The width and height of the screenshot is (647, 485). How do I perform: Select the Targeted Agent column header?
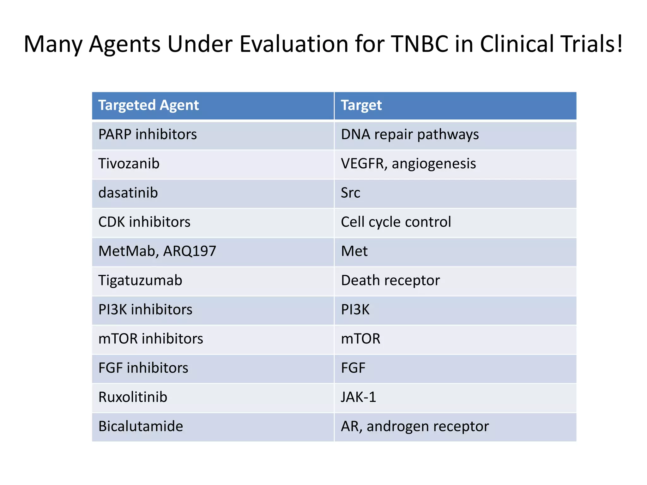point(148,105)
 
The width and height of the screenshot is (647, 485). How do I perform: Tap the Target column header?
point(361,105)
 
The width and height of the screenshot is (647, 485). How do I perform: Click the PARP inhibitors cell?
point(148,135)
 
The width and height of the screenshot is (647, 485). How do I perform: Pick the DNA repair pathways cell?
point(410,135)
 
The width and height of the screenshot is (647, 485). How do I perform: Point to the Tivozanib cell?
point(129,164)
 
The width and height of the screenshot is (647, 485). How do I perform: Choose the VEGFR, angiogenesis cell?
point(408,164)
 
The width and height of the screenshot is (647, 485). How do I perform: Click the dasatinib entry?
point(128,193)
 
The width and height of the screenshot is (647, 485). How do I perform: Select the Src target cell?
point(350,193)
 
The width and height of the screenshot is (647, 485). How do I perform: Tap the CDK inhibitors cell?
point(144,222)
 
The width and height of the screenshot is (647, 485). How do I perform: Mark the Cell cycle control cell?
point(396,222)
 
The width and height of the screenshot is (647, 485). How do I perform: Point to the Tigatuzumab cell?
point(140,280)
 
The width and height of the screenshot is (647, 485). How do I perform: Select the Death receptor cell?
point(390,280)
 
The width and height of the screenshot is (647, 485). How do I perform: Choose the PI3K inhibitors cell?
point(145,309)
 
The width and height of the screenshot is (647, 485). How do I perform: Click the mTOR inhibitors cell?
point(151,339)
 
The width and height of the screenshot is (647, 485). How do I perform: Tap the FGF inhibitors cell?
point(143,368)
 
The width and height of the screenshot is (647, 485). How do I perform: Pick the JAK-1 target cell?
point(359,397)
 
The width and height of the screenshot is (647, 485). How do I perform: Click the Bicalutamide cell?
point(141,426)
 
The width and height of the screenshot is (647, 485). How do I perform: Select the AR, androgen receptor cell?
point(415,426)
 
